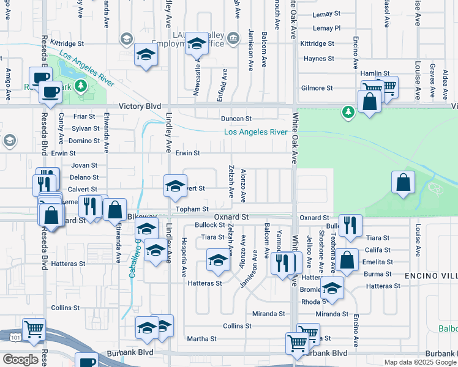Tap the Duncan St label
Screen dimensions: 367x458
(x=236, y=119)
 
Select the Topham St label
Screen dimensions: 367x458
(x=192, y=209)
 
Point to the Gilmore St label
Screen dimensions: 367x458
(x=317, y=88)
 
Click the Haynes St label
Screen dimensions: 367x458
(x=318, y=59)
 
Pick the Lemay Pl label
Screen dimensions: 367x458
(x=326, y=28)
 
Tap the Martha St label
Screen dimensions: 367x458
(x=198, y=339)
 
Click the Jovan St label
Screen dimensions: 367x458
(x=84, y=165)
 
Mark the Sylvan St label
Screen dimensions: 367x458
(x=86, y=128)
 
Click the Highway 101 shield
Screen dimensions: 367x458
(x=14, y=337)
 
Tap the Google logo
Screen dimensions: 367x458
(x=20, y=359)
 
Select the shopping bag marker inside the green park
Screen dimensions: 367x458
(x=403, y=183)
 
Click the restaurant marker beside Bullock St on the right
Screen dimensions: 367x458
(x=350, y=225)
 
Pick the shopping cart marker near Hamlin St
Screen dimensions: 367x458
(x=386, y=87)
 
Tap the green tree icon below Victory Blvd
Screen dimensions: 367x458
(x=348, y=112)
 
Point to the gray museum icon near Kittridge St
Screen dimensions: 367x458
(x=233, y=40)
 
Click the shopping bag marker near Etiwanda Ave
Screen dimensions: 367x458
(x=115, y=209)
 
